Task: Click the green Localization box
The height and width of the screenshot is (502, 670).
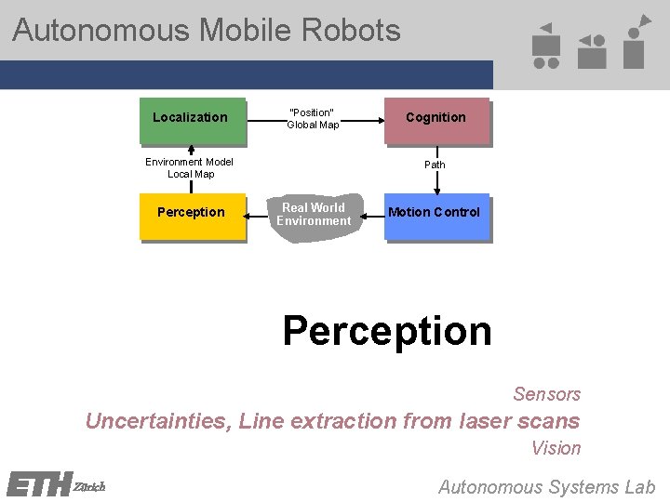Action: tap(192, 120)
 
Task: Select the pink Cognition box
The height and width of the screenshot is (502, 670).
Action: tap(435, 120)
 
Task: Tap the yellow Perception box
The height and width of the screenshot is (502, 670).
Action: tap(192, 215)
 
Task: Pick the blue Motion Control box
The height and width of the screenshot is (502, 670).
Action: tap(435, 215)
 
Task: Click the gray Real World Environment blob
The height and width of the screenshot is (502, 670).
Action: tap(314, 218)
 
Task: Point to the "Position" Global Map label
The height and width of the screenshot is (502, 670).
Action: tap(313, 118)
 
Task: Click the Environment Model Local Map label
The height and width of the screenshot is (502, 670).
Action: tap(190, 167)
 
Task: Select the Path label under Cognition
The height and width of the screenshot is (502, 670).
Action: tap(435, 165)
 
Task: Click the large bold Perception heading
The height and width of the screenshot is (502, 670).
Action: tap(386, 331)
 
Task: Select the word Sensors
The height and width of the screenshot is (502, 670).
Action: tap(546, 394)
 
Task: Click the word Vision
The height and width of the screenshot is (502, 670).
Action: tap(556, 448)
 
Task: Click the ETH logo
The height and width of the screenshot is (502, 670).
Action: tap(39, 484)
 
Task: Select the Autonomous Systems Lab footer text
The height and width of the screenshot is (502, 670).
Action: tap(546, 486)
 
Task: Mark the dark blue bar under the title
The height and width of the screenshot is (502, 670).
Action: tap(246, 74)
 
